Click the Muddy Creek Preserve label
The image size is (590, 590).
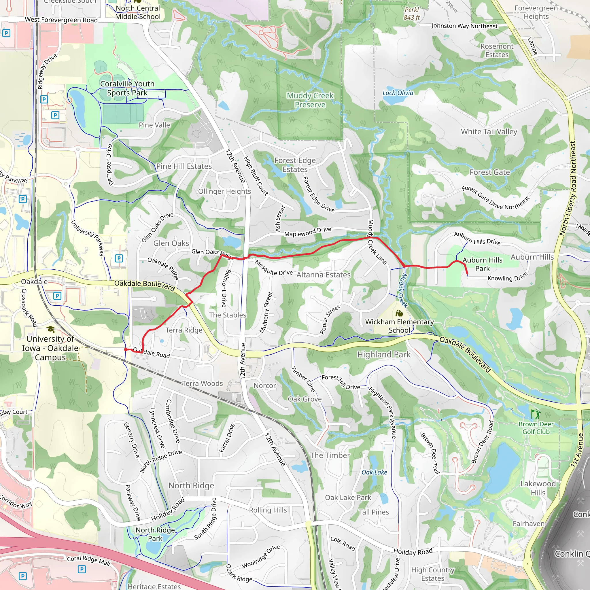[x=310, y=100]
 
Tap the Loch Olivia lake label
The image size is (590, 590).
[x=398, y=93]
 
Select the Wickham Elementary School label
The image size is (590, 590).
[x=400, y=326]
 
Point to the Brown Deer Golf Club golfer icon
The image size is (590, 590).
[x=536, y=414]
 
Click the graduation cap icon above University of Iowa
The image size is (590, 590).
[x=51, y=329]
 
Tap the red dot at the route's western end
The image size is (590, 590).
[x=126, y=349]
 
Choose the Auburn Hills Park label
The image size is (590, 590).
[x=483, y=264]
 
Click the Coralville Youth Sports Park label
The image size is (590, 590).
[x=127, y=88]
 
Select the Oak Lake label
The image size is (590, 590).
[x=374, y=472]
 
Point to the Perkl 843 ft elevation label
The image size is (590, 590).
[x=412, y=14]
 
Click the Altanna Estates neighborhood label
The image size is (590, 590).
[x=324, y=275]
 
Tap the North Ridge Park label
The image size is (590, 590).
[x=155, y=534]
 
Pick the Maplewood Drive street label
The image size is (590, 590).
[x=308, y=232]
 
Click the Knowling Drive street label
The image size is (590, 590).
[x=508, y=277]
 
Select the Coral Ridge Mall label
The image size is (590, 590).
[x=88, y=560]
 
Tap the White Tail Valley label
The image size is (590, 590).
[x=489, y=132]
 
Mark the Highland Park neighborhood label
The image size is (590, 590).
[x=384, y=355]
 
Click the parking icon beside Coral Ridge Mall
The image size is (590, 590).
[x=82, y=569]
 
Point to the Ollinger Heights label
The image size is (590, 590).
[x=224, y=192]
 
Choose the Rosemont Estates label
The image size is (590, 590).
[x=497, y=50]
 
